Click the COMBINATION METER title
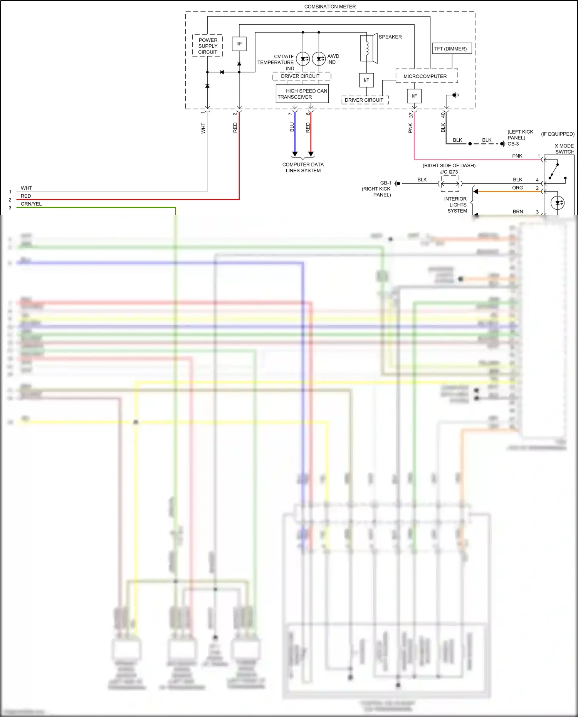[330, 7]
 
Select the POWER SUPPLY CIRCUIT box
[208, 46]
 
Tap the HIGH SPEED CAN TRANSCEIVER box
[302, 94]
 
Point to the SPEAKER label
[390, 37]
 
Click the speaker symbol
[368, 48]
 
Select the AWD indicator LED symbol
[319, 59]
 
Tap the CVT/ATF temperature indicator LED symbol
[303, 59]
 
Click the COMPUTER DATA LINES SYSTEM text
[303, 168]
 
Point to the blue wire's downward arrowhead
[295, 154]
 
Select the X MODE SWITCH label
[564, 149]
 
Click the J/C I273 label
[449, 172]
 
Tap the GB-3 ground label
[513, 144]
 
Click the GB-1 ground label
[385, 183]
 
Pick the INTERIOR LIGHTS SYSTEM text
[457, 205]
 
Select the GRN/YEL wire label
[31, 204]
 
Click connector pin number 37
[411, 115]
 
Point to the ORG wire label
[518, 188]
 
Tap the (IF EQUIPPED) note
[558, 134]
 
